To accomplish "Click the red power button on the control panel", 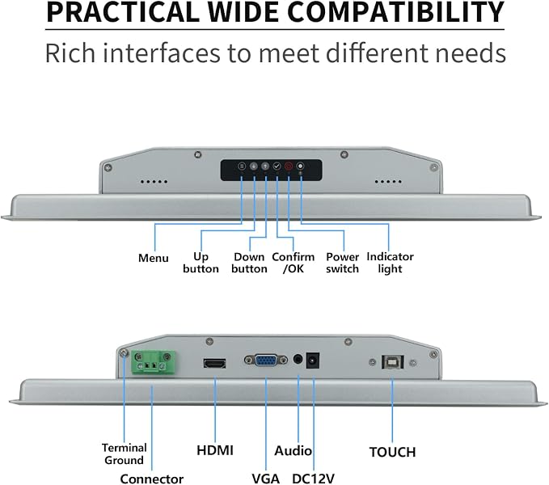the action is point(289,167).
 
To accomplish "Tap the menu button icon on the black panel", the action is point(242,167).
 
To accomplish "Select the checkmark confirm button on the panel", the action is point(277,167).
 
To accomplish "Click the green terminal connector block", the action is point(154,362).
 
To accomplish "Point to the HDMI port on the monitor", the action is point(214,364).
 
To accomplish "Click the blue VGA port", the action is point(266,360).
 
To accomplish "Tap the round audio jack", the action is point(298,359).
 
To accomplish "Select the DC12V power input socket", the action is point(313,361).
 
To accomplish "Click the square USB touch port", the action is point(392,362).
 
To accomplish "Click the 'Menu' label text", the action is point(154,258).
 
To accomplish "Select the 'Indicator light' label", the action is point(390,263).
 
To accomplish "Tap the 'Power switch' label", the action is point(343,263).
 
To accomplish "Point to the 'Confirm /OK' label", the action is point(294,263).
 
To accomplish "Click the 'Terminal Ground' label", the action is point(125,453).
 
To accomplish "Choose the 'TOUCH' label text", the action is point(392,452).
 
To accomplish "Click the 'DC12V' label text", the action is point(314,479).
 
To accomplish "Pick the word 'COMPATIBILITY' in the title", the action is point(396,12).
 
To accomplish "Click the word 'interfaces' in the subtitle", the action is point(162,53).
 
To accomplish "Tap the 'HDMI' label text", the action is point(215,450).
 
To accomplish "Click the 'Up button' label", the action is point(201,263).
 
